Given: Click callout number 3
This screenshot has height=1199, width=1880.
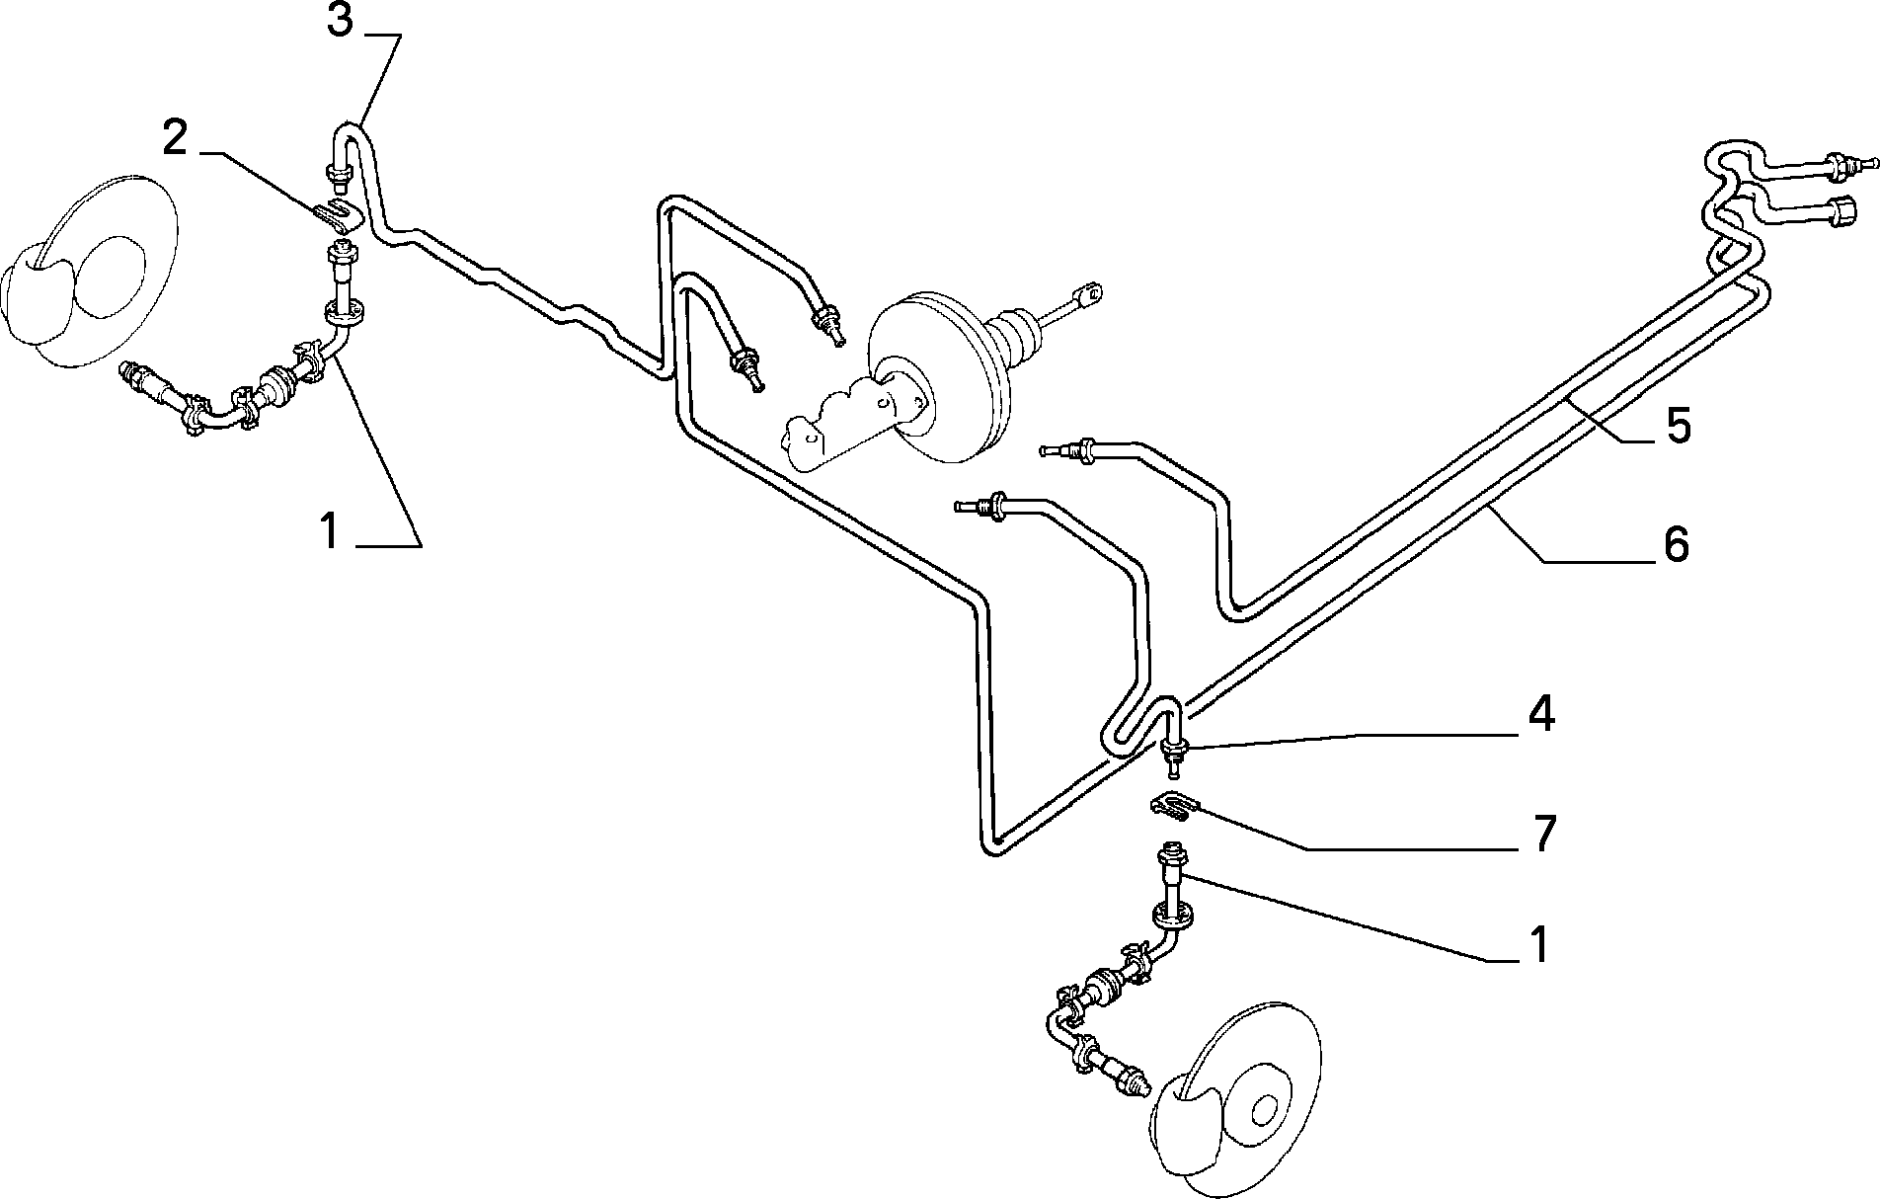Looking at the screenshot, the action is click(340, 20).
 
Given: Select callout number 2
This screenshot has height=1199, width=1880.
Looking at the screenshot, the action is click(175, 138).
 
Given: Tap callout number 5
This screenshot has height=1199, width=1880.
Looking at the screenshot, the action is click(1678, 425).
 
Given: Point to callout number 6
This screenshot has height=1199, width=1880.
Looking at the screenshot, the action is click(1676, 544).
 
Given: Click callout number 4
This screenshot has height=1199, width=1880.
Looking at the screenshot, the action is click(1541, 715).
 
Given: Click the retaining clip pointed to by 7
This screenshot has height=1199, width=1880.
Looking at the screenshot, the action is click(1173, 808).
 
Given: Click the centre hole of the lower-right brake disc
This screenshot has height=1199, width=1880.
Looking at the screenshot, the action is click(1263, 1111).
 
